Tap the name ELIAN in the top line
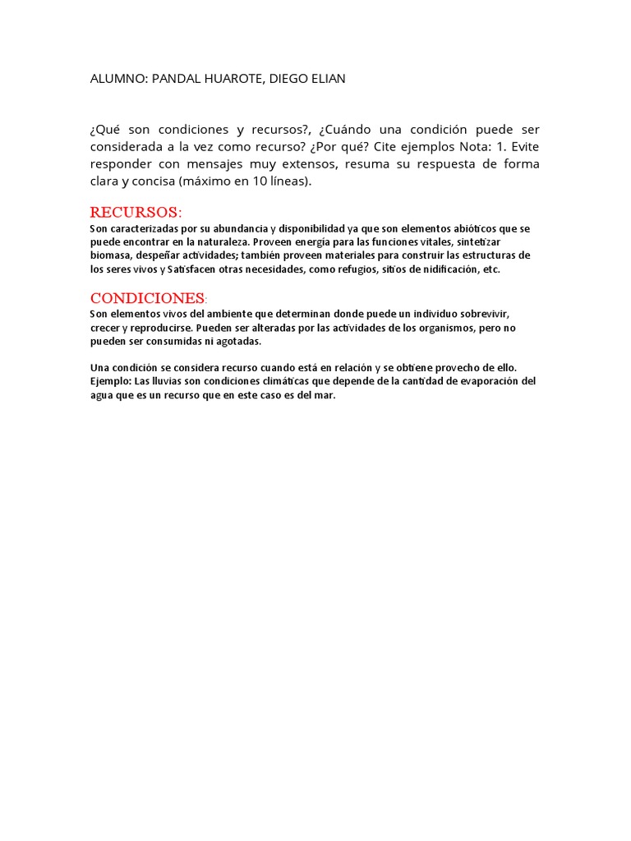(329, 79)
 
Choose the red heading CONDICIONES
(148, 297)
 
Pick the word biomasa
(109, 255)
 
